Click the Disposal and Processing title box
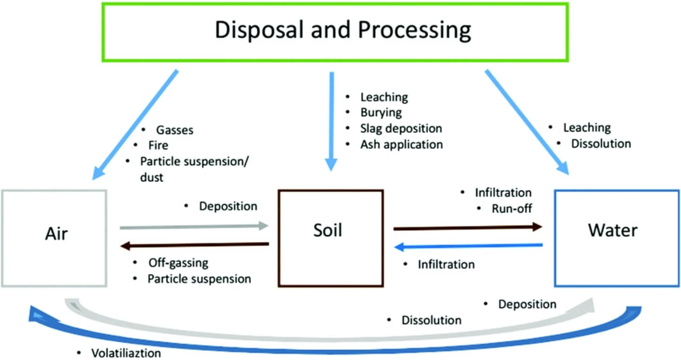point(335,32)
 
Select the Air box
point(54,237)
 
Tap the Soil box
point(331,237)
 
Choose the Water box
point(613,237)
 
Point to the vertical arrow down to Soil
point(331,121)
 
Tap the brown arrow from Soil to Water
point(467,227)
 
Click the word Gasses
point(174,130)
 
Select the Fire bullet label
point(158,146)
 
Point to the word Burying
point(381,113)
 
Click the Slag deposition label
point(401,128)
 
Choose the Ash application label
point(402,144)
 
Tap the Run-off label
point(512,208)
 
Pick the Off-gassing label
point(178,263)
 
